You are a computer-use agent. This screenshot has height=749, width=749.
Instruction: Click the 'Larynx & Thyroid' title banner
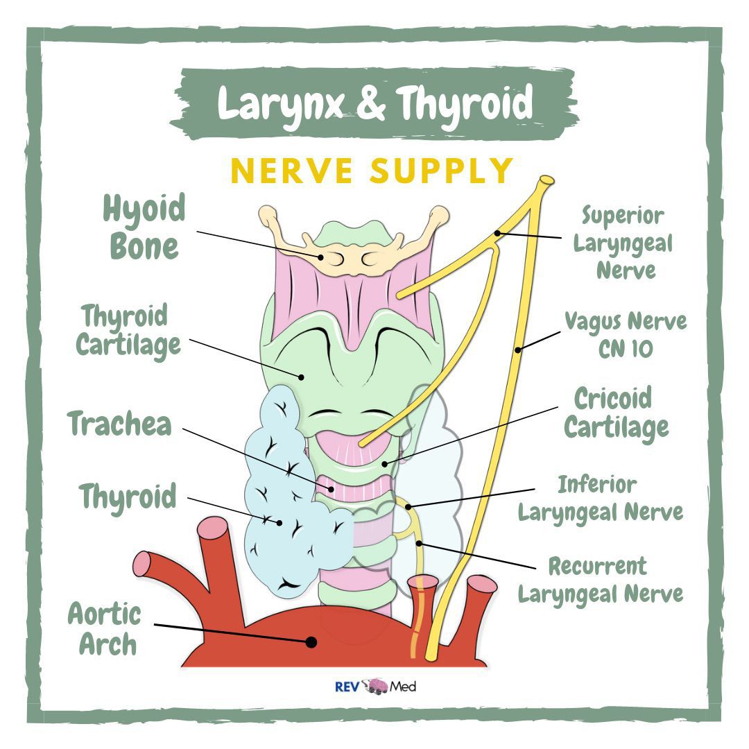pyautogui.click(x=374, y=103)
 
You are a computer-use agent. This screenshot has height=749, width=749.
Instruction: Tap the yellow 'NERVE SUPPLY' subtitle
pyautogui.click(x=372, y=170)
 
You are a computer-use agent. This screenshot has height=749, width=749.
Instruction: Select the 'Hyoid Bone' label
pyautogui.click(x=144, y=227)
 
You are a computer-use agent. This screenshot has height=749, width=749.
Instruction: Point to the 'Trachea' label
pyautogui.click(x=120, y=424)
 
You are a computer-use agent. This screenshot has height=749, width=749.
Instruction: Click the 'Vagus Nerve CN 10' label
pyautogui.click(x=625, y=335)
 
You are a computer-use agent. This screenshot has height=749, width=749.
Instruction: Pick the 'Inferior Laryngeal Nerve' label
pyautogui.click(x=600, y=498)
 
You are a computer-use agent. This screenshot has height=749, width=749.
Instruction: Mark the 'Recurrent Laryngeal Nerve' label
pyautogui.click(x=600, y=580)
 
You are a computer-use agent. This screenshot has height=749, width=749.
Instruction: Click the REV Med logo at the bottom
pyautogui.click(x=375, y=687)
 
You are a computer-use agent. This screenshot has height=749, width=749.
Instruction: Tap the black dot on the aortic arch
pyautogui.click(x=311, y=642)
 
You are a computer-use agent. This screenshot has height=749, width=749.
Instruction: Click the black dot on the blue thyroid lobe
pyautogui.click(x=280, y=522)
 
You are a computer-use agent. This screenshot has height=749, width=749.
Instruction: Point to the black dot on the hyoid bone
pyautogui.click(x=322, y=257)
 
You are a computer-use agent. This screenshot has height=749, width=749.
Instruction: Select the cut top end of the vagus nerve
pyautogui.click(x=546, y=180)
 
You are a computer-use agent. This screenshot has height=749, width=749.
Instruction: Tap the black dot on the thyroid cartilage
pyautogui.click(x=302, y=377)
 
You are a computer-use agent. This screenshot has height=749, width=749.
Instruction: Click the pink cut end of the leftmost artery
pyautogui.click(x=141, y=563)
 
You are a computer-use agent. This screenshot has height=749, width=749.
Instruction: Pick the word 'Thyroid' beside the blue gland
pyautogui.click(x=128, y=497)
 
